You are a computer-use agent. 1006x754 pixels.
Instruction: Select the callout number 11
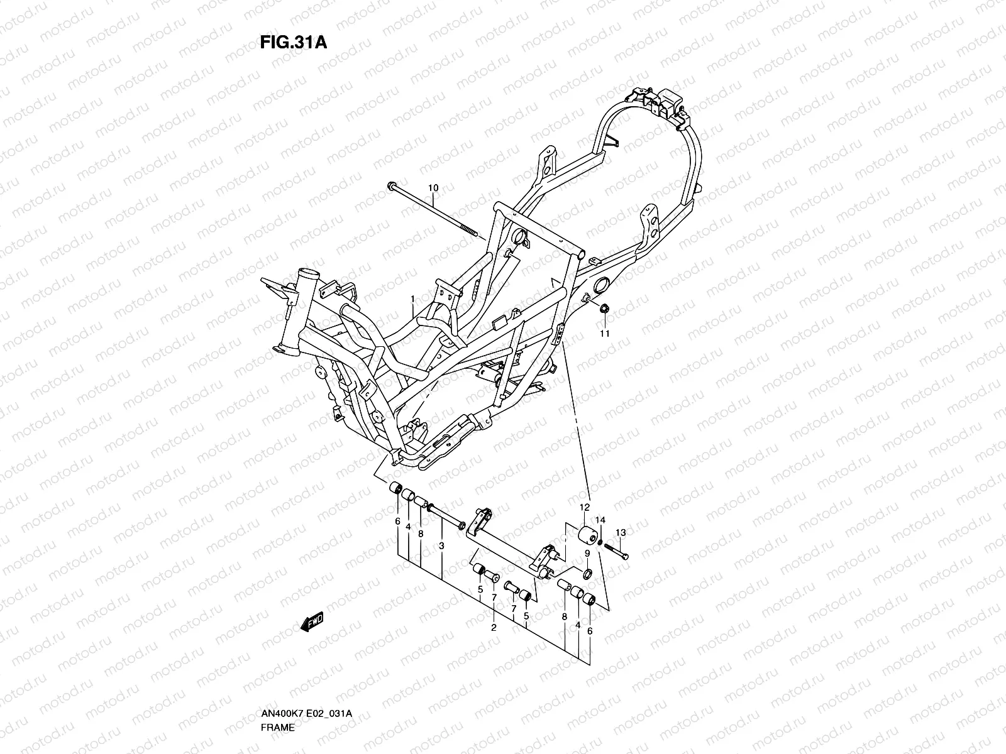pyautogui.click(x=604, y=334)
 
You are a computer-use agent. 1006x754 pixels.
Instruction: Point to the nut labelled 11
pyautogui.click(x=604, y=309)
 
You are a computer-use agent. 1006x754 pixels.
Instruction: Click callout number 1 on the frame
pyautogui.click(x=412, y=298)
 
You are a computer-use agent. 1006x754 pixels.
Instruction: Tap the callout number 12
pyautogui.click(x=585, y=507)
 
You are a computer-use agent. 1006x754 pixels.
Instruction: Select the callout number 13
pyautogui.click(x=621, y=532)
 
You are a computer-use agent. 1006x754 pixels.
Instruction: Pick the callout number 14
pyautogui.click(x=600, y=520)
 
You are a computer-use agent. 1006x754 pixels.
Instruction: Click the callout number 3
pyautogui.click(x=441, y=546)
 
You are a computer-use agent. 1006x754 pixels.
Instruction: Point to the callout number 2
pyautogui.click(x=494, y=627)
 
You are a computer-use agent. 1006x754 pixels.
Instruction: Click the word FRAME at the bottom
pyautogui.click(x=278, y=727)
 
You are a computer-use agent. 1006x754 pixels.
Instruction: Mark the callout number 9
pyautogui.click(x=587, y=554)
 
